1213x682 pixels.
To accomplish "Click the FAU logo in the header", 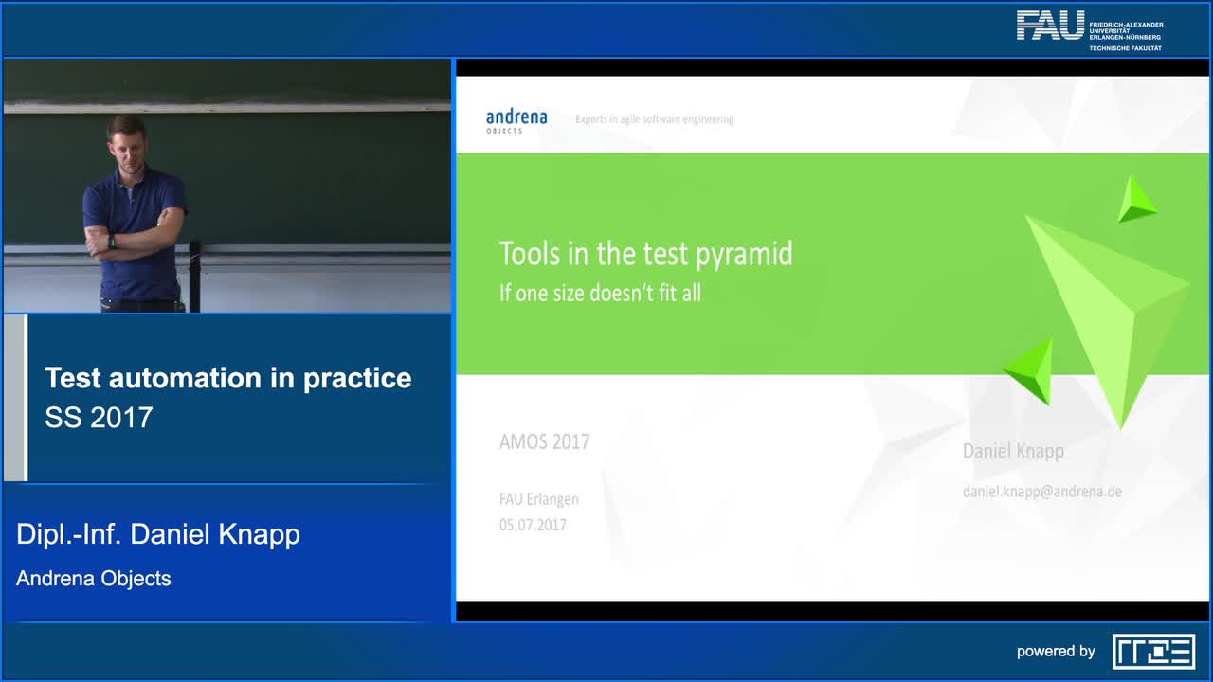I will click(x=1050, y=26).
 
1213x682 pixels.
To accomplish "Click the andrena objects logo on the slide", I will click(x=516, y=120).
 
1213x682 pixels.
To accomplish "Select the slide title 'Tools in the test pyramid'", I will click(x=645, y=254).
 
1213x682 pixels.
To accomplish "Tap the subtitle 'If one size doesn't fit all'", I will click(x=600, y=293).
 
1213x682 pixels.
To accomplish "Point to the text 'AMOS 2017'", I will click(x=544, y=441).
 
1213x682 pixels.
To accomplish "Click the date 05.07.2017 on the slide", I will click(x=533, y=525).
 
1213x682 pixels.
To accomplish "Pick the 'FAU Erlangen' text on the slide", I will click(x=538, y=499).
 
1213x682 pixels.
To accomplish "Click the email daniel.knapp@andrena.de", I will click(x=1041, y=491).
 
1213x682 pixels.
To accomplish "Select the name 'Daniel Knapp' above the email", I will click(x=1013, y=451).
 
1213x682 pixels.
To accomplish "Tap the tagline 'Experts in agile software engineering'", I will click(x=654, y=119).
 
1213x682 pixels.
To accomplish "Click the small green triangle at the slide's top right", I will click(x=1134, y=200).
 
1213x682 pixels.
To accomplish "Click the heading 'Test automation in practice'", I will click(x=227, y=378).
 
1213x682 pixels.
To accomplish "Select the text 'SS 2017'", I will click(x=99, y=418).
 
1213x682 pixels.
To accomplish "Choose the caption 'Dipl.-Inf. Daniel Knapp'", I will click(x=158, y=534).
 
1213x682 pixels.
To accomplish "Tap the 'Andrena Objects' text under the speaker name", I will click(x=94, y=578).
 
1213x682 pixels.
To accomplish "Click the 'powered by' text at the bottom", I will click(x=1056, y=651).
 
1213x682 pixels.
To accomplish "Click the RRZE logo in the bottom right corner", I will click(x=1153, y=651).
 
